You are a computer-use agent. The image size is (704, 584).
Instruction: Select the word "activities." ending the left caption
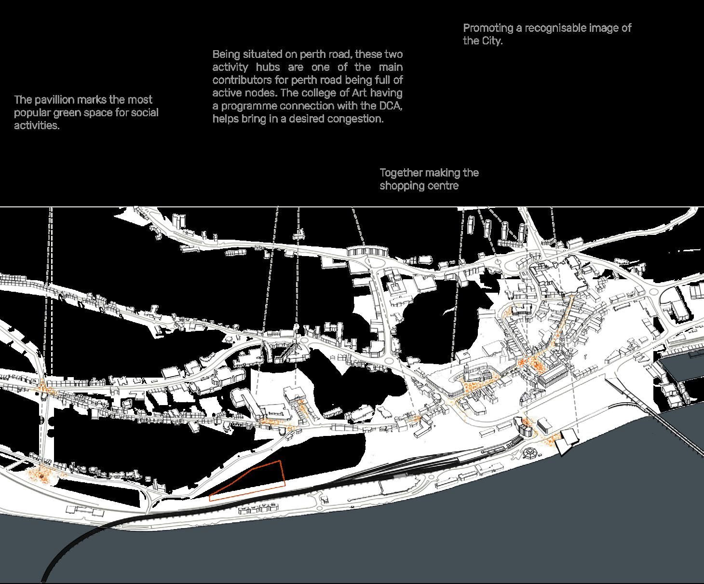37,126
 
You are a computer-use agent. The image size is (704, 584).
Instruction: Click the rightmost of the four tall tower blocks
522,233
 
